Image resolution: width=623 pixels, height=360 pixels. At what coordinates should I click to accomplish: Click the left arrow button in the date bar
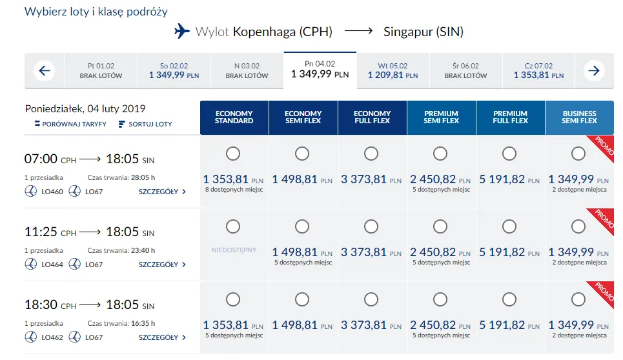click(x=43, y=71)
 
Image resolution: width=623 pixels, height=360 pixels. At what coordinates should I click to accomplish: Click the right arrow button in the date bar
click(x=594, y=71)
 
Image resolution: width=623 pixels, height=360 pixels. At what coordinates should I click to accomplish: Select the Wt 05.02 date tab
click(x=393, y=71)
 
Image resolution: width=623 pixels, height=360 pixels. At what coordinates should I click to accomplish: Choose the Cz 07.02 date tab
click(x=538, y=71)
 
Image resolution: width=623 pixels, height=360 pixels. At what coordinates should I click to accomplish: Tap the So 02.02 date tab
click(x=174, y=71)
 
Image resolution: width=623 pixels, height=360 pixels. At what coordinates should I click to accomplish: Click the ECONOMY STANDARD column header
click(x=234, y=117)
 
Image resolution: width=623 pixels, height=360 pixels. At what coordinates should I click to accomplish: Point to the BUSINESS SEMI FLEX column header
click(x=579, y=117)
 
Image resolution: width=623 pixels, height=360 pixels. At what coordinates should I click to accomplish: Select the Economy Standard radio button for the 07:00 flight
click(x=233, y=154)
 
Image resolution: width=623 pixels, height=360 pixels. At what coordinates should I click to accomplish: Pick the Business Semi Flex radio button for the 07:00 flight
click(x=578, y=154)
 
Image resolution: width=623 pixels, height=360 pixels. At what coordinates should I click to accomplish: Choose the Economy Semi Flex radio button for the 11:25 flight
click(x=302, y=226)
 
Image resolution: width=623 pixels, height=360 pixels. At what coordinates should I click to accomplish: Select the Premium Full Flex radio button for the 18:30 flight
click(x=509, y=299)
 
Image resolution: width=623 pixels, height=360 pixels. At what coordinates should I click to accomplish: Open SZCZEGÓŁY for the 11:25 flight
click(x=162, y=265)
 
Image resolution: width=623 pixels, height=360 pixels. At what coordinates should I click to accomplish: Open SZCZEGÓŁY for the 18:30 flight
click(x=162, y=337)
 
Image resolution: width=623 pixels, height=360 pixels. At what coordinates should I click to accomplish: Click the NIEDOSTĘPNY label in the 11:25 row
click(x=234, y=250)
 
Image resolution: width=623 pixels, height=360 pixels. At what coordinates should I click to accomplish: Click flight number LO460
click(x=52, y=192)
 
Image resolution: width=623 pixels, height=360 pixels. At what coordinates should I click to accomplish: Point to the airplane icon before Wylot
click(x=183, y=32)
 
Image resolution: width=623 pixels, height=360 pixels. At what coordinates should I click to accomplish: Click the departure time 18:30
click(x=41, y=305)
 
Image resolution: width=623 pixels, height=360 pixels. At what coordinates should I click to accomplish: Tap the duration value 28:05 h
click(x=143, y=178)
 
